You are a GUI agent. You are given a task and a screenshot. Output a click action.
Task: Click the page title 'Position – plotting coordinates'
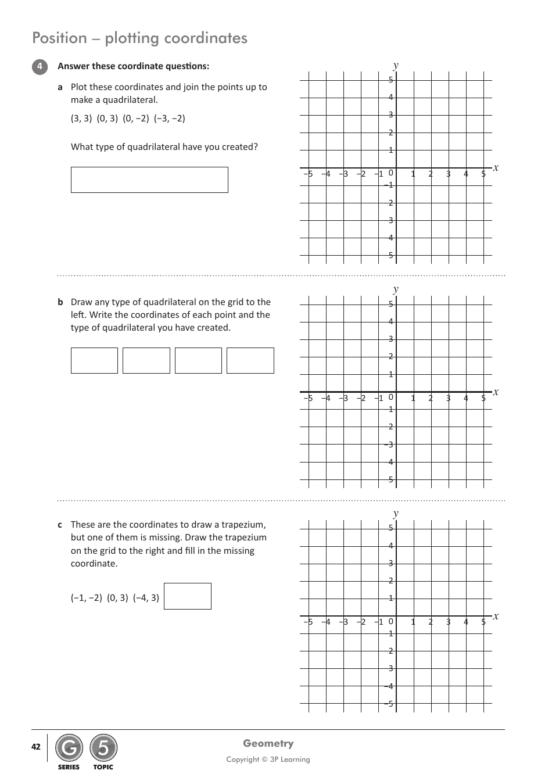point(139,38)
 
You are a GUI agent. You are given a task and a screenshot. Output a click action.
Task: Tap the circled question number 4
point(40,67)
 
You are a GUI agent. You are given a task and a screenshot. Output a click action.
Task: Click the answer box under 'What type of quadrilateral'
point(149,180)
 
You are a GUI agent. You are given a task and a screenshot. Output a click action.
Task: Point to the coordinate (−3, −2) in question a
point(170,119)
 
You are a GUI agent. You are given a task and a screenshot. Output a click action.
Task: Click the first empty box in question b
point(94,360)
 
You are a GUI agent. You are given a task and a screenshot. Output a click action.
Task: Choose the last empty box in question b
point(250,360)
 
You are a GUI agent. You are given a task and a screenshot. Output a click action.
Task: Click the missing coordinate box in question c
point(187,596)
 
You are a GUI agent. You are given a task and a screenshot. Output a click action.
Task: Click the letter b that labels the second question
point(60,302)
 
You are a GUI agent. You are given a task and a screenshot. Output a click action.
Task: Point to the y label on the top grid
point(396,65)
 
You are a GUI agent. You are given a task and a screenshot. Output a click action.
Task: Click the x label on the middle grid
point(496,392)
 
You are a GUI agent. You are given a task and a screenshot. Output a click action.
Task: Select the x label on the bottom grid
point(496,616)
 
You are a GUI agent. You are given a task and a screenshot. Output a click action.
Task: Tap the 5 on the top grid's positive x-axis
point(483,174)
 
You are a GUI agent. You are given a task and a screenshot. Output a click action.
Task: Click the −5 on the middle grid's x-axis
point(308,398)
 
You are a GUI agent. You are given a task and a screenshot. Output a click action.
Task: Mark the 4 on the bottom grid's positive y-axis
point(391,546)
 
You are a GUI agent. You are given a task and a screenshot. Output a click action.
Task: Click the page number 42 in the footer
point(36,747)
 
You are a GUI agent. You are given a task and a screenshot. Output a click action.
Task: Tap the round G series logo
point(69,748)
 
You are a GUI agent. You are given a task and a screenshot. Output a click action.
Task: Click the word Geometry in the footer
point(268,743)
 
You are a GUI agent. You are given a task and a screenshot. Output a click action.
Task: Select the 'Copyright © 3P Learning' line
point(268,759)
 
